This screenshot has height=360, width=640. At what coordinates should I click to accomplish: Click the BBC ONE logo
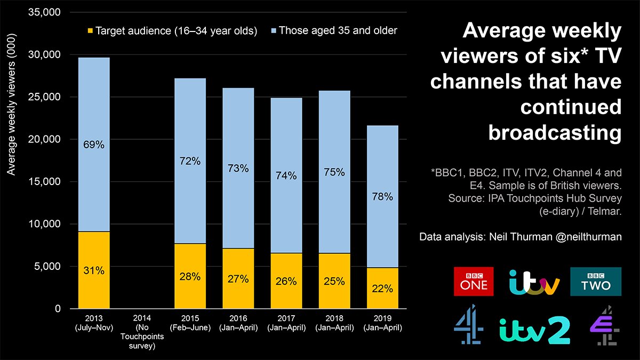(x=474, y=281)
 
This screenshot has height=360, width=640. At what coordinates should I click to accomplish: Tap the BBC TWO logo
(x=596, y=281)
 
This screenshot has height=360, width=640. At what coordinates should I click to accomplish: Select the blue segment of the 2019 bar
(x=383, y=196)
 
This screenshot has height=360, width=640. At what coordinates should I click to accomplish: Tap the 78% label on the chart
(x=383, y=197)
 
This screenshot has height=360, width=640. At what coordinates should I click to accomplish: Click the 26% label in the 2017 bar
(x=286, y=281)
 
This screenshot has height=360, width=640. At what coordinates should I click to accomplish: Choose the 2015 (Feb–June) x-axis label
(x=190, y=323)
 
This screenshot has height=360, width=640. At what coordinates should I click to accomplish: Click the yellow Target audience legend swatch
(x=91, y=31)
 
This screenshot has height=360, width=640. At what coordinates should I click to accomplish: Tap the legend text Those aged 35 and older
(x=338, y=30)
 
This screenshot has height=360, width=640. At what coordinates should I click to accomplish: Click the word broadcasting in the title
(x=555, y=133)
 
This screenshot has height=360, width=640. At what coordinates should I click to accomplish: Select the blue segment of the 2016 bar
(x=238, y=168)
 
